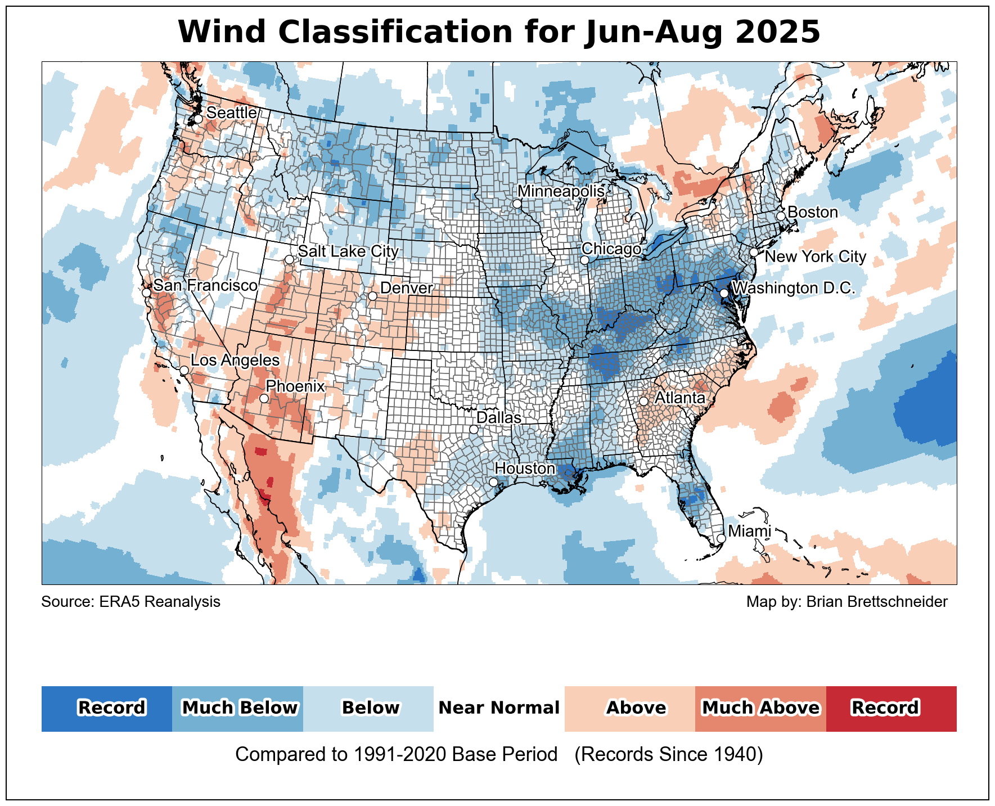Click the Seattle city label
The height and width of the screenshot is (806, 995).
231,112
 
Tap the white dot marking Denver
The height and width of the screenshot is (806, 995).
372,296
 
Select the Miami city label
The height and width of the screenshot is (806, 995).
749,531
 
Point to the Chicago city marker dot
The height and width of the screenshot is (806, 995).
584,260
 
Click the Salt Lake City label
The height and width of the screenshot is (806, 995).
348,251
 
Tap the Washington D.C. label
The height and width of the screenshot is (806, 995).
794,288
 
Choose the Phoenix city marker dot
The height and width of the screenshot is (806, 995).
264,398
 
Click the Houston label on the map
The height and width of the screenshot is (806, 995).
525,469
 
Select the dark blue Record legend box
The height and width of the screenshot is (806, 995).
107,708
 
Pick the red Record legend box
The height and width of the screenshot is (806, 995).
891,708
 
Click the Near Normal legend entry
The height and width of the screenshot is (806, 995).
499,708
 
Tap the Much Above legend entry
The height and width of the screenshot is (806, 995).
760,708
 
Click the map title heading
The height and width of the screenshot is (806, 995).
499,32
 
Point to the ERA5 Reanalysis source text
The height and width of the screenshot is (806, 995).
131,602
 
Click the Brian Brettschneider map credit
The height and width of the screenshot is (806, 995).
847,602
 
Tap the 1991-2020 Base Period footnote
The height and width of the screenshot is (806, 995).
499,754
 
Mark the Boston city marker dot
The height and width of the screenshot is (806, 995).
781,216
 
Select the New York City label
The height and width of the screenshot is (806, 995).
816,256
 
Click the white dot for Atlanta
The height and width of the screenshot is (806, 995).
643,401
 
